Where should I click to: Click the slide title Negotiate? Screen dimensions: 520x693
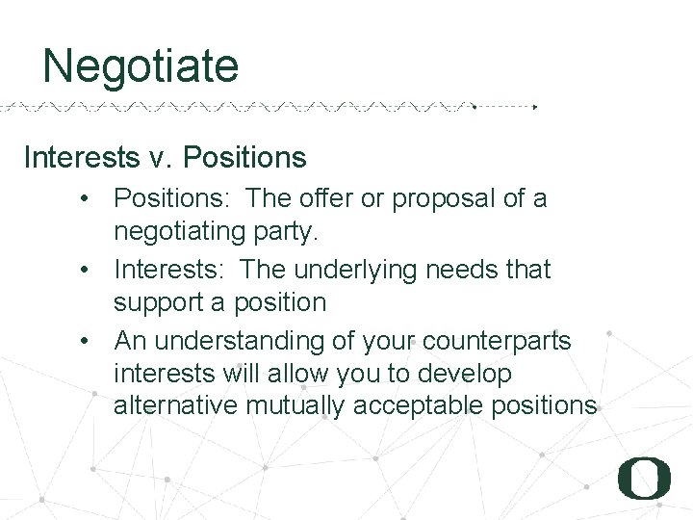[x=141, y=66]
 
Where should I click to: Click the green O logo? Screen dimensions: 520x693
[x=644, y=478]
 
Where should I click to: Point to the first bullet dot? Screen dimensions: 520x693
[x=87, y=199]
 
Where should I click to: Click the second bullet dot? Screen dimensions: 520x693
[x=87, y=271]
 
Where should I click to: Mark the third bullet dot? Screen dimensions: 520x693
[x=87, y=342]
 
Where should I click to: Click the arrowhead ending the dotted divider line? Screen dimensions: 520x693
[x=535, y=107]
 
